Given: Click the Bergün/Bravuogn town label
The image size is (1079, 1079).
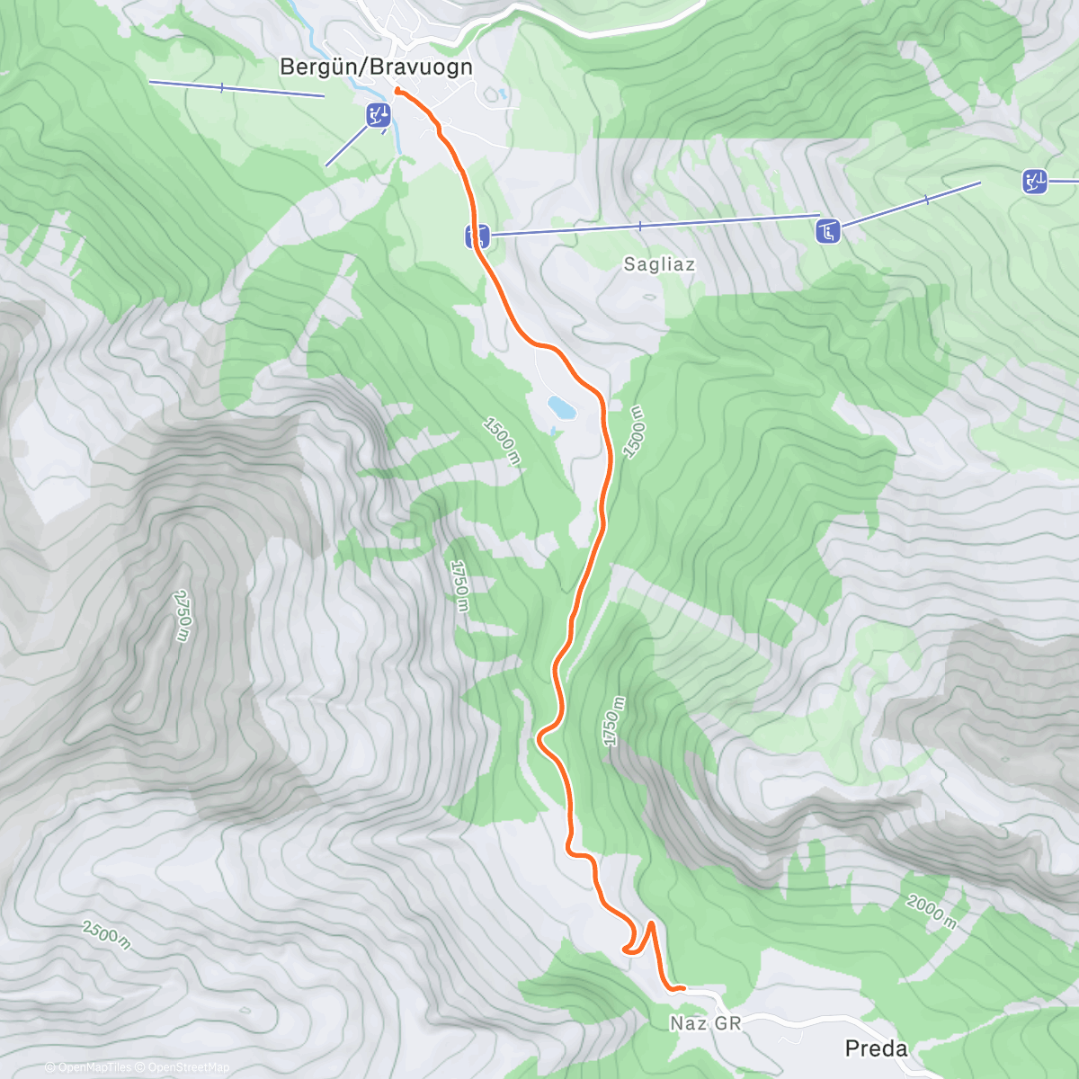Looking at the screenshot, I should tap(376, 67).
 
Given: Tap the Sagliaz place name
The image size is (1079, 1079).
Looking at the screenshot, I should tap(659, 264).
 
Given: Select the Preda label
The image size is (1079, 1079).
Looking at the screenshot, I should tap(876, 1048).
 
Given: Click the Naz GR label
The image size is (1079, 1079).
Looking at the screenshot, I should tap(706, 1023).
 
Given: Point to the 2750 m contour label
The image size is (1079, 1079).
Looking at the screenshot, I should tap(183, 616).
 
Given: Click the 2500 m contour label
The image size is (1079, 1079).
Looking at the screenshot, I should tap(106, 935).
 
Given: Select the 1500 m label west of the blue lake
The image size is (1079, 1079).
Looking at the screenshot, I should tap(502, 440).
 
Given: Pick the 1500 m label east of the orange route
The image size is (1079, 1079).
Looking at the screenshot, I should tap(634, 432).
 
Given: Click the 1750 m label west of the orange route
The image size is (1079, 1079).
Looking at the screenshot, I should tap(459, 585).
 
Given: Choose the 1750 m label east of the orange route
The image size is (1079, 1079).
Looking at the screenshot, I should tap(612, 720).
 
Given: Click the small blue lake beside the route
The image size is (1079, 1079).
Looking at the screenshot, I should tap(563, 408).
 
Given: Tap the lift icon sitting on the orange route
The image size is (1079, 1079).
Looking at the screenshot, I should tap(477, 236).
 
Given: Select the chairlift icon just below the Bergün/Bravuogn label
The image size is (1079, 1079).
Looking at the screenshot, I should tap(379, 115).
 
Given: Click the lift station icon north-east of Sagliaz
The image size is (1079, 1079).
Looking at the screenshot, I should tap(827, 231).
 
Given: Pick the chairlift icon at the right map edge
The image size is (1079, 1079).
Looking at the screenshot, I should tap(1034, 182).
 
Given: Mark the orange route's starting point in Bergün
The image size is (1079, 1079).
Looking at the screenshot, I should tap(397, 90).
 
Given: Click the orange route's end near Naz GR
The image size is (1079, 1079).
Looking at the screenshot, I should tap(683, 987).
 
